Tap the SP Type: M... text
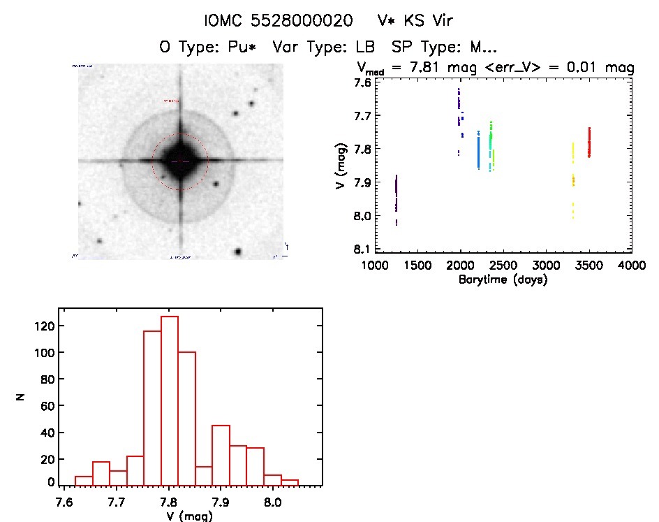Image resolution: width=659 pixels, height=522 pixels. pyautogui.click(x=445, y=48)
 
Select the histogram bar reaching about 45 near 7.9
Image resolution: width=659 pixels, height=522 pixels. pyautogui.click(x=221, y=454)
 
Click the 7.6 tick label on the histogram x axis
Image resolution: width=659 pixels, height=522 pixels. pyautogui.click(x=65, y=501)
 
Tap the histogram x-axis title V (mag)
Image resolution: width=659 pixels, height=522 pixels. pyautogui.click(x=191, y=516)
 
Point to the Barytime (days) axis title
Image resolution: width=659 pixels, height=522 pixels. pyautogui.click(x=503, y=280)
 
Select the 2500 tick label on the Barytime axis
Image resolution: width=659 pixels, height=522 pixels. pyautogui.click(x=503, y=266)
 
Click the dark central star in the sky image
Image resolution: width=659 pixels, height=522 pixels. pyautogui.click(x=180, y=161)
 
